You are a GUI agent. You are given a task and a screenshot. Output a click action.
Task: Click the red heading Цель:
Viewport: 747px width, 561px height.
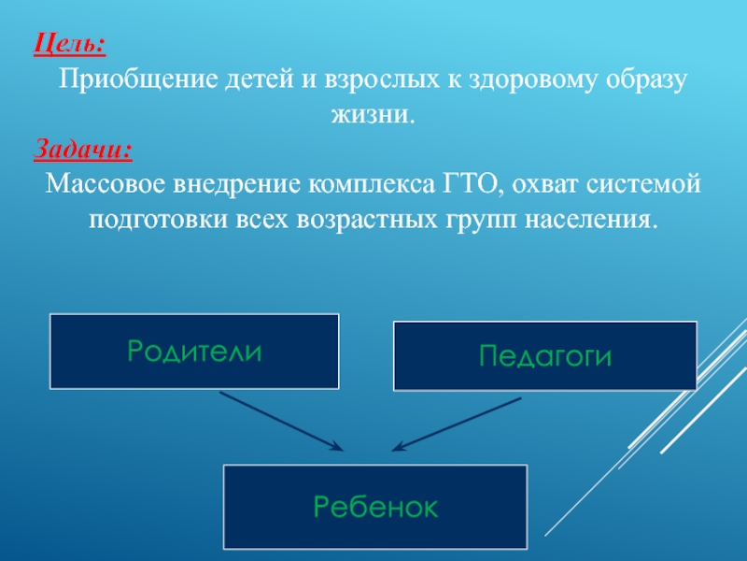pyautogui.click(x=70, y=43)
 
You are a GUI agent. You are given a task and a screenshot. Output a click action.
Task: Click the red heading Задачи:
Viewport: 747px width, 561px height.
pyautogui.click(x=83, y=150)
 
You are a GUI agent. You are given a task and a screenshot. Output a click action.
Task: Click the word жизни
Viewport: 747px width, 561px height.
pyautogui.click(x=372, y=115)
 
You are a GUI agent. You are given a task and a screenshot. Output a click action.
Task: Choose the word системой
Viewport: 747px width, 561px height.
pyautogui.click(x=645, y=185)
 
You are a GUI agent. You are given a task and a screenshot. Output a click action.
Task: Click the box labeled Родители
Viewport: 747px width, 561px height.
pyautogui.click(x=194, y=351)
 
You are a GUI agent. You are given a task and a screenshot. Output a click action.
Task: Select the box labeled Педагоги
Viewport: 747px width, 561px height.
pyautogui.click(x=545, y=355)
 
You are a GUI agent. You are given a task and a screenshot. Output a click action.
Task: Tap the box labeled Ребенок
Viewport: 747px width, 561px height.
pyautogui.click(x=375, y=507)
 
